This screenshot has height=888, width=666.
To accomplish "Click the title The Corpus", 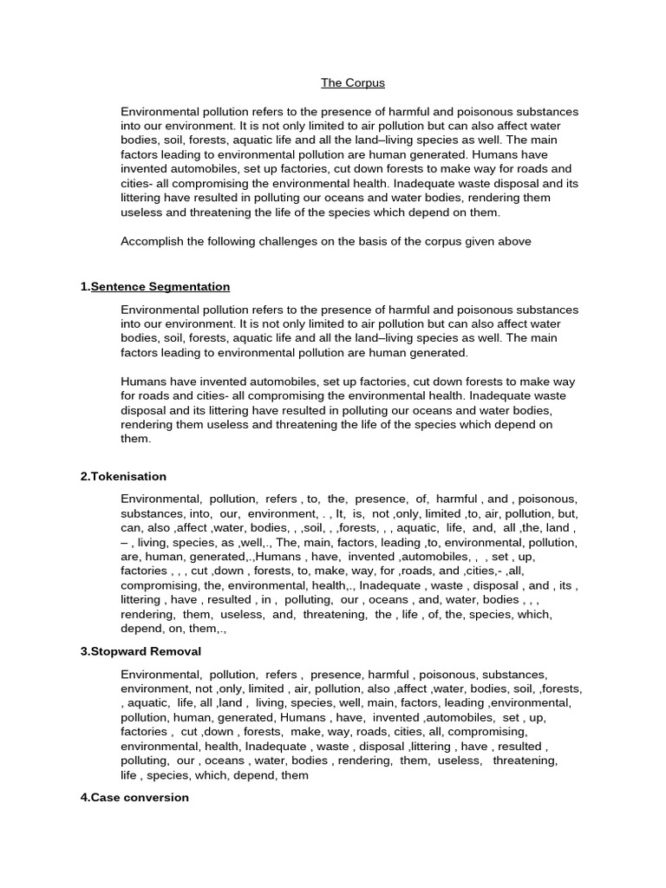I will pos(352,83).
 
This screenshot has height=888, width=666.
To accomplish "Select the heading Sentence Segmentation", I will pos(160,286).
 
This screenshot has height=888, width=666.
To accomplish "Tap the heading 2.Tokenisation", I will pos(123,476).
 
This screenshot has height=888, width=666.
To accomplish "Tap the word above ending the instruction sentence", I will pos(513,242).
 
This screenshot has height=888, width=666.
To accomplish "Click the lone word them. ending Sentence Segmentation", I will pos(135,439).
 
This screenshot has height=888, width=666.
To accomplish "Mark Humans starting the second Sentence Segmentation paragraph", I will pos(142,382).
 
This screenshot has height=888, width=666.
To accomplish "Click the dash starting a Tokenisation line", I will pos(124,542).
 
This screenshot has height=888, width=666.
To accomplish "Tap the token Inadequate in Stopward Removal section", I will pos(277,747).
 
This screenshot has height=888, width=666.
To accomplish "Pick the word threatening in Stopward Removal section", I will pos(526,761).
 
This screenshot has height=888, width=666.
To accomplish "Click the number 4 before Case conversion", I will pos(83,797).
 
